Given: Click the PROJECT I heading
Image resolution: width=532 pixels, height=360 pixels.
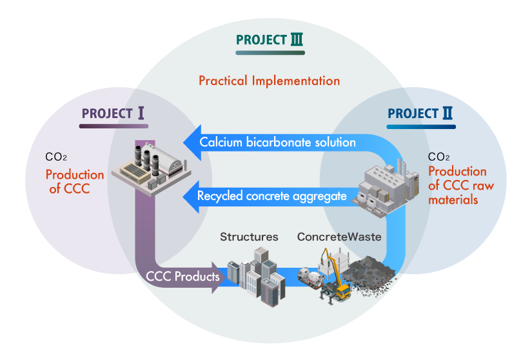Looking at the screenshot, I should [x=113, y=114].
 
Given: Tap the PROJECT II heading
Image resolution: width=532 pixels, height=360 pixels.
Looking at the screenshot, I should [x=420, y=114].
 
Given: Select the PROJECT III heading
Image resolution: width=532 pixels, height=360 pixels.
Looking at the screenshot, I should [x=270, y=40].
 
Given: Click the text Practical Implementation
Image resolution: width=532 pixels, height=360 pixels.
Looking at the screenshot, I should [x=269, y=81].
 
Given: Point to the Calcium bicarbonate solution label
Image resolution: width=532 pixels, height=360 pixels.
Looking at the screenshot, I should [x=277, y=142].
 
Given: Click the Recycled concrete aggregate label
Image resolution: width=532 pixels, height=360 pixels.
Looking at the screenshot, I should [x=272, y=195].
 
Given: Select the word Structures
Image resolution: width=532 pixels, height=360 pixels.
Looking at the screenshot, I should [x=249, y=237].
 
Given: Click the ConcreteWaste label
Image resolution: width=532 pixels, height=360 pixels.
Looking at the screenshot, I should [x=339, y=237].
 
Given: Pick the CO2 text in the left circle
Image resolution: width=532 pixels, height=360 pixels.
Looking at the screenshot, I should [x=57, y=157].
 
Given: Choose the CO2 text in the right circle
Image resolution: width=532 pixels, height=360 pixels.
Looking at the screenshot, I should [x=439, y=157].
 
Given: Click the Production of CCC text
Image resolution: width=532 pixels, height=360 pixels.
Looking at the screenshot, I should [x=74, y=181].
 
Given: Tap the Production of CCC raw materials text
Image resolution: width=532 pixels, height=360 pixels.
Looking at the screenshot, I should [x=457, y=185].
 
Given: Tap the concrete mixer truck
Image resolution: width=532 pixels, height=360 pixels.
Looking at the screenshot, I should [x=313, y=278].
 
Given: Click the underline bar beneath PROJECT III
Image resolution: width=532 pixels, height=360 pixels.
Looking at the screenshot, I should [x=270, y=53].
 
